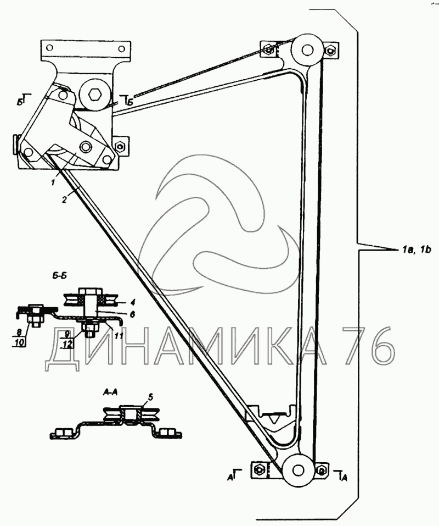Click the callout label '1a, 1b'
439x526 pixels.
pyautogui.click(x=415, y=249)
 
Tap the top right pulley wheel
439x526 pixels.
pyautogui.click(x=306, y=50)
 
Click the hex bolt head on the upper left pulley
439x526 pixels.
pyautogui.click(x=94, y=95)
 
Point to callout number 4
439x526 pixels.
pyautogui.click(x=133, y=303)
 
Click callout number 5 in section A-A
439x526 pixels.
pyautogui.click(x=132, y=314)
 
